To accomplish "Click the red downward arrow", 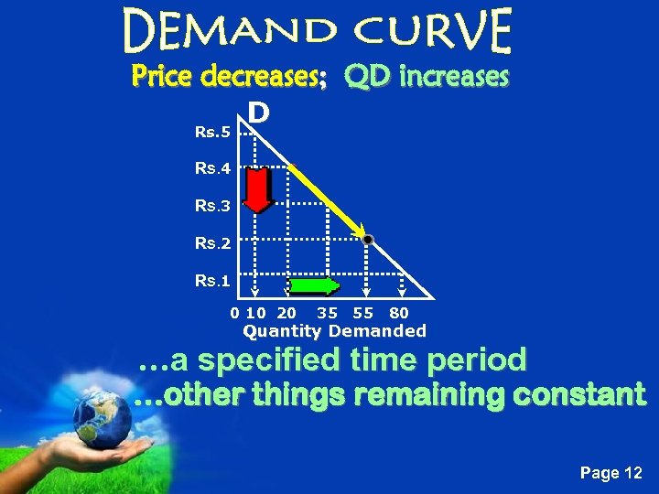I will [x=259, y=189].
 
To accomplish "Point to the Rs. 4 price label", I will [x=213, y=168].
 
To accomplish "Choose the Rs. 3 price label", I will [x=213, y=206].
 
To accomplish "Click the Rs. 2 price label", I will [x=213, y=243].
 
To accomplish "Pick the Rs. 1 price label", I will [x=213, y=281].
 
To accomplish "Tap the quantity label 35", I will [x=327, y=314].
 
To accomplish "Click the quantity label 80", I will [x=398, y=314].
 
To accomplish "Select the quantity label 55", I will [x=363, y=314].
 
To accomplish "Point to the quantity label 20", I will [x=286, y=314].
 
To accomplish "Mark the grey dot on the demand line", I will [x=367, y=240].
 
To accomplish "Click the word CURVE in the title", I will [x=434, y=30].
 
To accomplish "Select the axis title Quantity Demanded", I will [x=334, y=331].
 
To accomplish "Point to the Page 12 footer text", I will [x=611, y=473].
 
